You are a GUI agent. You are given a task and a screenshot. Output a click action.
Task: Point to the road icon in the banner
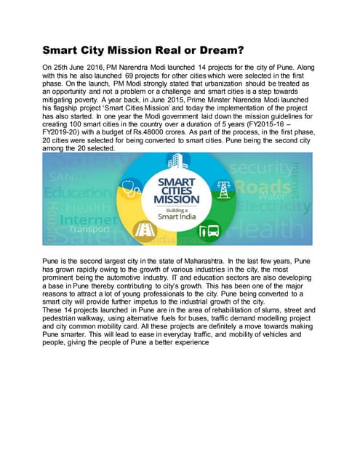[x=145, y=230]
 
